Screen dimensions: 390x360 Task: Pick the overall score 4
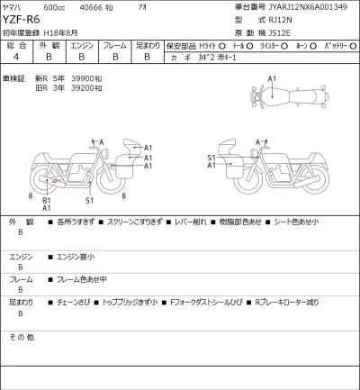(x=15, y=56)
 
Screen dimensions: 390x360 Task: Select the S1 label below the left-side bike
(x=89, y=200)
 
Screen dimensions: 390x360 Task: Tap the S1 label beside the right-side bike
(x=211, y=157)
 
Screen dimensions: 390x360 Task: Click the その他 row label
(x=21, y=336)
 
